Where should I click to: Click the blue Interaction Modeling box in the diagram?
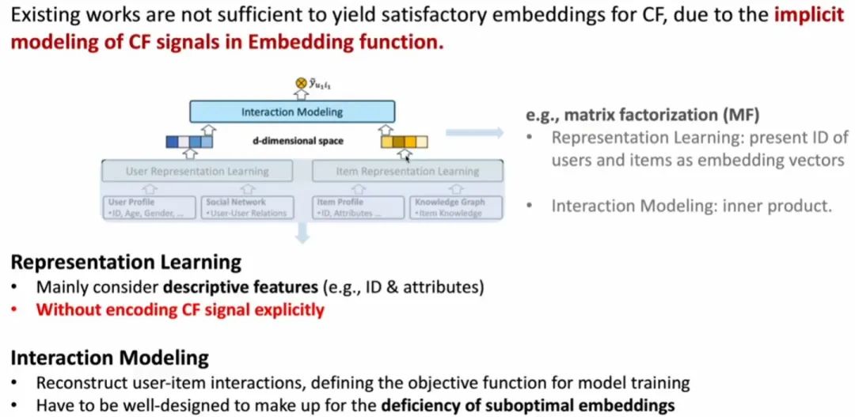pos(292,112)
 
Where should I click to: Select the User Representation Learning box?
pos(197,171)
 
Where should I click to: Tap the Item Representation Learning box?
pos(408,171)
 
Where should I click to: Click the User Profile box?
pos(147,207)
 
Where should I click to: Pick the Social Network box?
pos(245,207)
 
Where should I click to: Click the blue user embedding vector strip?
pos(189,142)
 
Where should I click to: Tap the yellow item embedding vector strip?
pos(404,142)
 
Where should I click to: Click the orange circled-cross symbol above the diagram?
pos(300,83)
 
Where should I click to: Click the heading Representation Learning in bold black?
pos(126,262)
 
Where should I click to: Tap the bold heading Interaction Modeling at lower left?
pos(109,358)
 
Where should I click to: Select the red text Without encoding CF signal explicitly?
pos(180,309)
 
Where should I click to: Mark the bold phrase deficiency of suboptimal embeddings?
pos(527,406)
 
